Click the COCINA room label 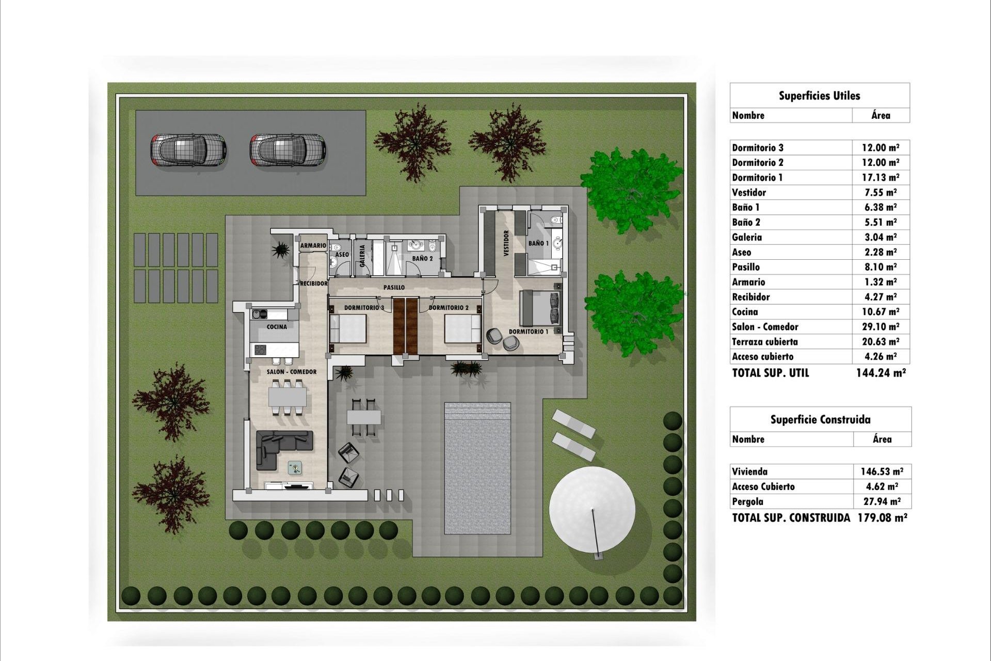277,327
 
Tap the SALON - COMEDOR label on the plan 292,372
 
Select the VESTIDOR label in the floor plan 506,243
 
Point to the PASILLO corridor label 394,287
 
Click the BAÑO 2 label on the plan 422,258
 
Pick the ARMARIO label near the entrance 313,246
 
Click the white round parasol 592,510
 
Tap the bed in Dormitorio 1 540,308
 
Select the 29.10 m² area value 880,327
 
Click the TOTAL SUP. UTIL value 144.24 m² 881,373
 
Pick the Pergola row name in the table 747,501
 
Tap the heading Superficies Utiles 820,96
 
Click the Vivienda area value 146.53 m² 882,471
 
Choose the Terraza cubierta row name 765,342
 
